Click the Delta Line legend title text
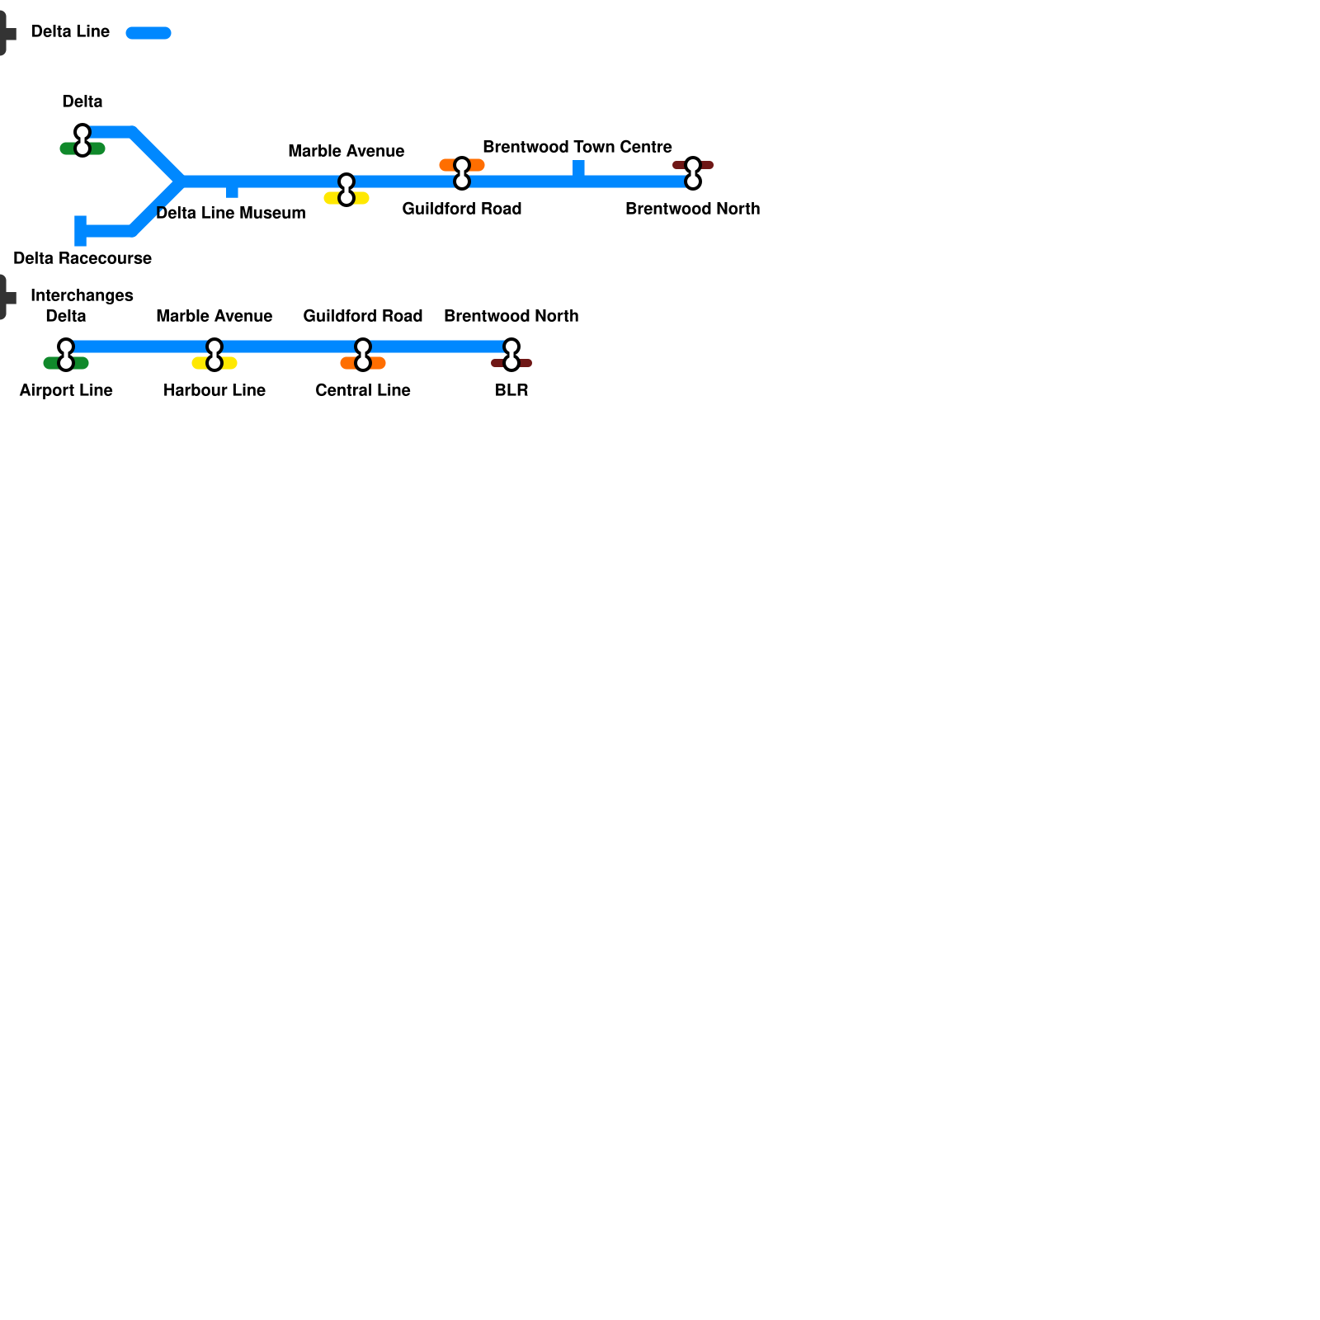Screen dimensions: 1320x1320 [x=70, y=32]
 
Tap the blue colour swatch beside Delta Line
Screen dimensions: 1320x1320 [x=148, y=33]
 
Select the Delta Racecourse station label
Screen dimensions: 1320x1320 [x=82, y=258]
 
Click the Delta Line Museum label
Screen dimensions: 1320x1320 [x=231, y=213]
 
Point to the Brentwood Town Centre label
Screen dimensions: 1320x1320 [x=577, y=147]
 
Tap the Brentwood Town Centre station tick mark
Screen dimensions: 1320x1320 [x=579, y=168]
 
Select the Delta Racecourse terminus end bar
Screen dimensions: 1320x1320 [x=81, y=231]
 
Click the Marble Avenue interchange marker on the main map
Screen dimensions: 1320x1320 [x=346, y=190]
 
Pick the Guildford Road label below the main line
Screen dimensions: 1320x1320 [x=462, y=209]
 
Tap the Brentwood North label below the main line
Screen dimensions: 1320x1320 [x=693, y=209]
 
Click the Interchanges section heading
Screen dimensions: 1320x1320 [x=82, y=295]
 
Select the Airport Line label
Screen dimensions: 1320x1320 [x=66, y=390]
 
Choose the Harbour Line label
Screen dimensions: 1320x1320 [x=214, y=390]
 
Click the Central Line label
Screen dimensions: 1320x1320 [x=363, y=390]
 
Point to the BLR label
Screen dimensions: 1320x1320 [x=511, y=390]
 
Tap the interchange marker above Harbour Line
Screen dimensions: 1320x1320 [x=214, y=355]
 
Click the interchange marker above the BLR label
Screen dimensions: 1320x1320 [x=511, y=355]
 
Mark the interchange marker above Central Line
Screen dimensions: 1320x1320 [x=363, y=355]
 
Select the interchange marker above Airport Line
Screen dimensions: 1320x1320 [x=66, y=355]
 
